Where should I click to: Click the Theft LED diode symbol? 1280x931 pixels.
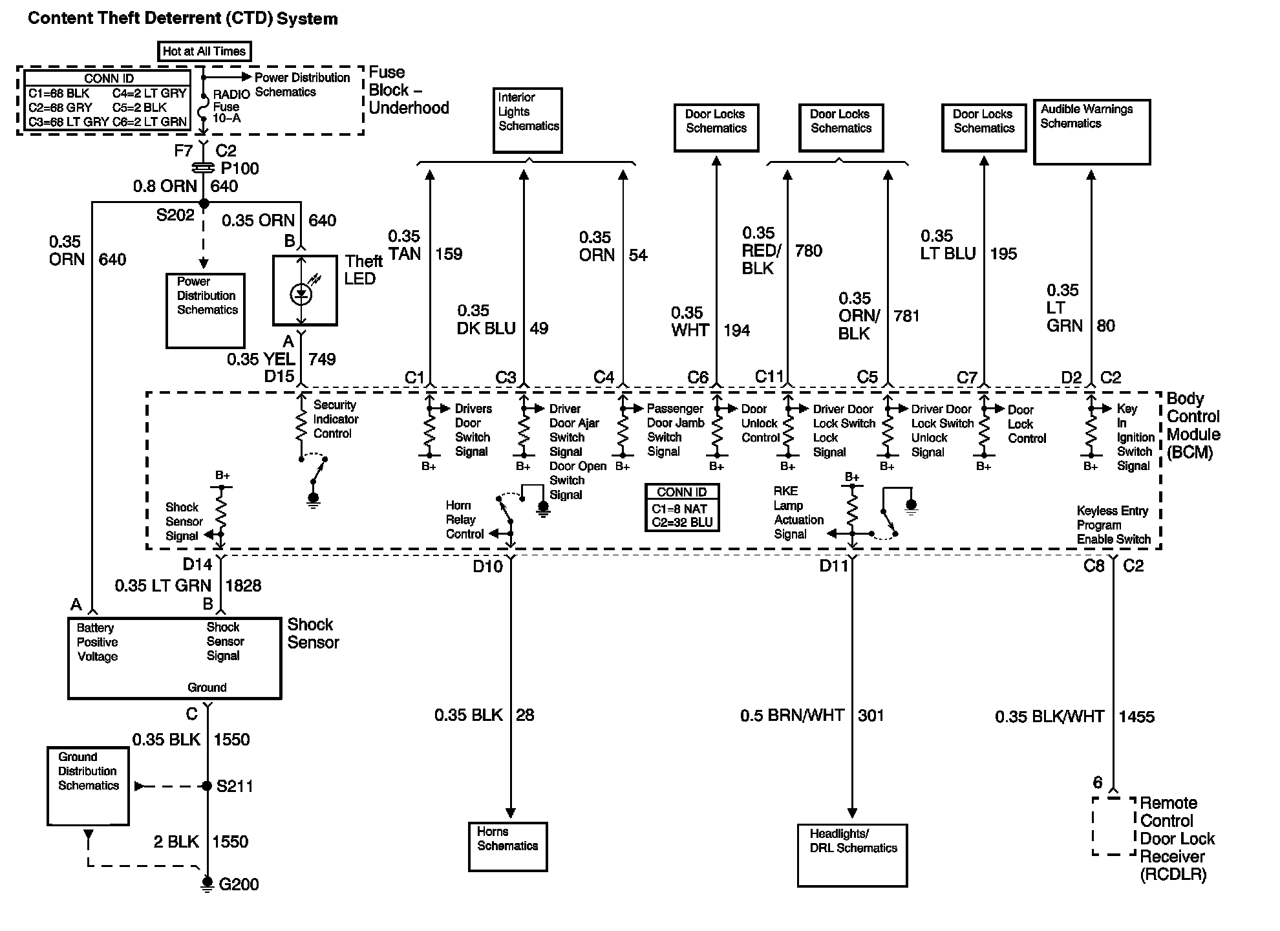[x=301, y=294]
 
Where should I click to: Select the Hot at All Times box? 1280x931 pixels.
[x=204, y=51]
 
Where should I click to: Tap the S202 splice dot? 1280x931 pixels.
[x=204, y=204]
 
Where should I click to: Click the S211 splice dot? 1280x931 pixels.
[x=207, y=786]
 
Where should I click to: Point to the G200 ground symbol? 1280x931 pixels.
[x=208, y=883]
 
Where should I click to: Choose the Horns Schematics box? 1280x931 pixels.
[x=508, y=846]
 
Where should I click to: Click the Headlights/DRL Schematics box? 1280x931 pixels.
[x=852, y=855]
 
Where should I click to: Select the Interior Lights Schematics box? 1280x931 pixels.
[x=528, y=120]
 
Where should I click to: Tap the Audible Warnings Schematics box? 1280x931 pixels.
[x=1092, y=131]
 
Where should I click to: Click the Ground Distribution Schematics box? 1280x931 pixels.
[x=88, y=786]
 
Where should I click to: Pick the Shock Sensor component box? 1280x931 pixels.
[x=175, y=658]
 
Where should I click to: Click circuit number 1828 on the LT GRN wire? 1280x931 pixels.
[x=243, y=586]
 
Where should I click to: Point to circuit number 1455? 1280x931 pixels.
[x=1136, y=716]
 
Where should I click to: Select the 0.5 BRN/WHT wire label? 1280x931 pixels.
[x=792, y=715]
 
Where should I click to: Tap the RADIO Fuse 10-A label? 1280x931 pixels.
[x=228, y=106]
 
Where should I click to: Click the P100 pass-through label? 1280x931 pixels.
[x=239, y=168]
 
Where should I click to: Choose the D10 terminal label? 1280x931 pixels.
[x=487, y=566]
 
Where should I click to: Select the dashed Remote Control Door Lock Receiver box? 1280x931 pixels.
[x=1114, y=826]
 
